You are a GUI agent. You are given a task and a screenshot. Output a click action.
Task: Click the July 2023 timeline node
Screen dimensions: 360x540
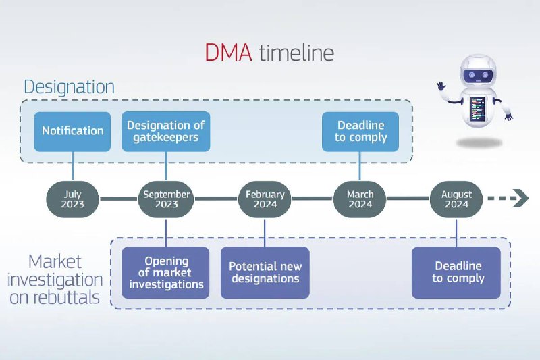pyautogui.click(x=72, y=199)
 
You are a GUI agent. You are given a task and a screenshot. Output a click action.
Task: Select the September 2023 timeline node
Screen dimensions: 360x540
pyautogui.click(x=166, y=199)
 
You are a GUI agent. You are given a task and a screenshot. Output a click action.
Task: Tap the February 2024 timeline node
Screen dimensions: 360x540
pyautogui.click(x=265, y=199)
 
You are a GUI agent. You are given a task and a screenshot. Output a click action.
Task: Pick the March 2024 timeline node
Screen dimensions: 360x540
pyautogui.click(x=360, y=199)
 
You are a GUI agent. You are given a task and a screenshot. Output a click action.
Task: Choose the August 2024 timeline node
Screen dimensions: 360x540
pyautogui.click(x=456, y=199)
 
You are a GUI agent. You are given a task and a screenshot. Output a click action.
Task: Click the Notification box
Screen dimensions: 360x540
pyautogui.click(x=73, y=131)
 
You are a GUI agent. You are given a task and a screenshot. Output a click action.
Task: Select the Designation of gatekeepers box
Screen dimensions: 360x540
pyautogui.click(x=166, y=131)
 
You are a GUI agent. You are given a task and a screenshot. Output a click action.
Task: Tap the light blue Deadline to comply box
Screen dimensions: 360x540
pyautogui.click(x=360, y=131)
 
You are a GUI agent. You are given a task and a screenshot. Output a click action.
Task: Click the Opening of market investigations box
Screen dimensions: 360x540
pyautogui.click(x=166, y=273)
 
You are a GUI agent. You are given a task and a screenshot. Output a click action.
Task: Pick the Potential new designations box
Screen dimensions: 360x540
pyautogui.click(x=265, y=273)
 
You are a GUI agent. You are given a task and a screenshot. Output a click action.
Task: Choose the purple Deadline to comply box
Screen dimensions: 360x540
pyautogui.click(x=457, y=273)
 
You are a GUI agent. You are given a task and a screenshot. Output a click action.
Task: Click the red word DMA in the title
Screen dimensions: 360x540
pyautogui.click(x=228, y=53)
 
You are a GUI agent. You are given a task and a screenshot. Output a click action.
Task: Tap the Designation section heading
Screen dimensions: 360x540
pyautogui.click(x=69, y=87)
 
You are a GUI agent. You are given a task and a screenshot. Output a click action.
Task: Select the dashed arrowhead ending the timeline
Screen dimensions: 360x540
pyautogui.click(x=520, y=199)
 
